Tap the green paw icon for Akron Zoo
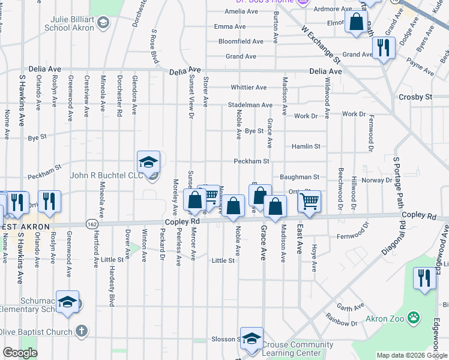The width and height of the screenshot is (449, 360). pos(414,317)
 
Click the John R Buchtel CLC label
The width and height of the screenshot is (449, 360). pos(107,175)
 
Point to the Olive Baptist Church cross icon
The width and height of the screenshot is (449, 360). pos(82,331)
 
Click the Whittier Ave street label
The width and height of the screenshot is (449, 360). pos(249,88)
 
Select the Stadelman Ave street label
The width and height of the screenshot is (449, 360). pos(250,104)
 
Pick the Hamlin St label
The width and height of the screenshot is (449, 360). pos(306,146)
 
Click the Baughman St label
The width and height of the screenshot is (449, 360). pos(299,177)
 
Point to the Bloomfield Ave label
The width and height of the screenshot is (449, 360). pos(241,41)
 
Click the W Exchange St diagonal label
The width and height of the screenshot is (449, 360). pos(321,45)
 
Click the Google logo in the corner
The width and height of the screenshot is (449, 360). pos(19,353)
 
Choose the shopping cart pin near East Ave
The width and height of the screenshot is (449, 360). pos(309,202)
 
